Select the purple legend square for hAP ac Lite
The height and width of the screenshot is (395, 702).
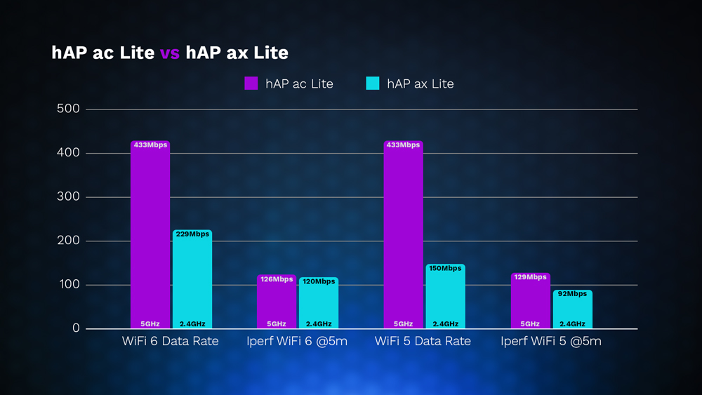pos(251,83)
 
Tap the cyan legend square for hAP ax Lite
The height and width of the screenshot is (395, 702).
pos(373,83)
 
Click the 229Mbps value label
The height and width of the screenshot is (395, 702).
pos(192,234)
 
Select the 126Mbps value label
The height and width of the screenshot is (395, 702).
pos(277,279)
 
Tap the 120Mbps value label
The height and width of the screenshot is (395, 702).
pos(319,281)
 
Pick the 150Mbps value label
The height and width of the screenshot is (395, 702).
pos(445,269)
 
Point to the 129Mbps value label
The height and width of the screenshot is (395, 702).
pos(530,277)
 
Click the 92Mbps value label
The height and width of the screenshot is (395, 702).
pos(572,294)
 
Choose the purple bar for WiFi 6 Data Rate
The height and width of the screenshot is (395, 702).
pos(150,232)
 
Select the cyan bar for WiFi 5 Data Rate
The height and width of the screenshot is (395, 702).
pos(445,298)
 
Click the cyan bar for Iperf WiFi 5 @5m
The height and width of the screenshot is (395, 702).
pos(572,311)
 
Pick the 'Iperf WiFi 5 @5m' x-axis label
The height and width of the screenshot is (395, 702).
pos(551,342)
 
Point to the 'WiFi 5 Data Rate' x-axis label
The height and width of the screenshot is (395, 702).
pos(423,342)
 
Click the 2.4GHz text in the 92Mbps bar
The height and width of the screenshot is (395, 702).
pos(572,324)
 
